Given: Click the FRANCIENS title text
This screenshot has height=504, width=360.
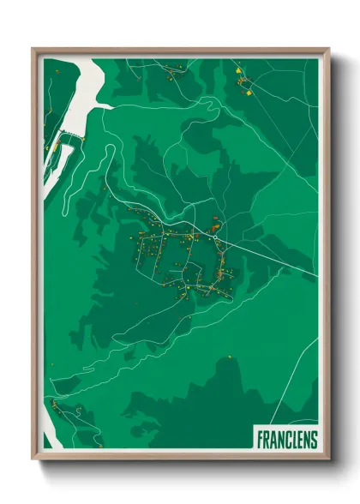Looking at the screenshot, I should click(x=286, y=440).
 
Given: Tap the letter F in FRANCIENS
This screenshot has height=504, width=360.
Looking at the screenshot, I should click(x=260, y=440).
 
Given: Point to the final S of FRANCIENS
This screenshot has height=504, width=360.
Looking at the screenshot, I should click(x=313, y=440).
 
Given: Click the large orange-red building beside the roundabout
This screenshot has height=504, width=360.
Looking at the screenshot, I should click(x=213, y=226).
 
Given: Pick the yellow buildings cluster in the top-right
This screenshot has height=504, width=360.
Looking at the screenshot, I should click(x=244, y=83).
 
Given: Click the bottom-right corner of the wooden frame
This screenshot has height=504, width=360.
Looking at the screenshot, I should click(x=327, y=459).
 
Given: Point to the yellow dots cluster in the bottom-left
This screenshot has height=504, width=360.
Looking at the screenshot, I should click(x=55, y=403).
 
